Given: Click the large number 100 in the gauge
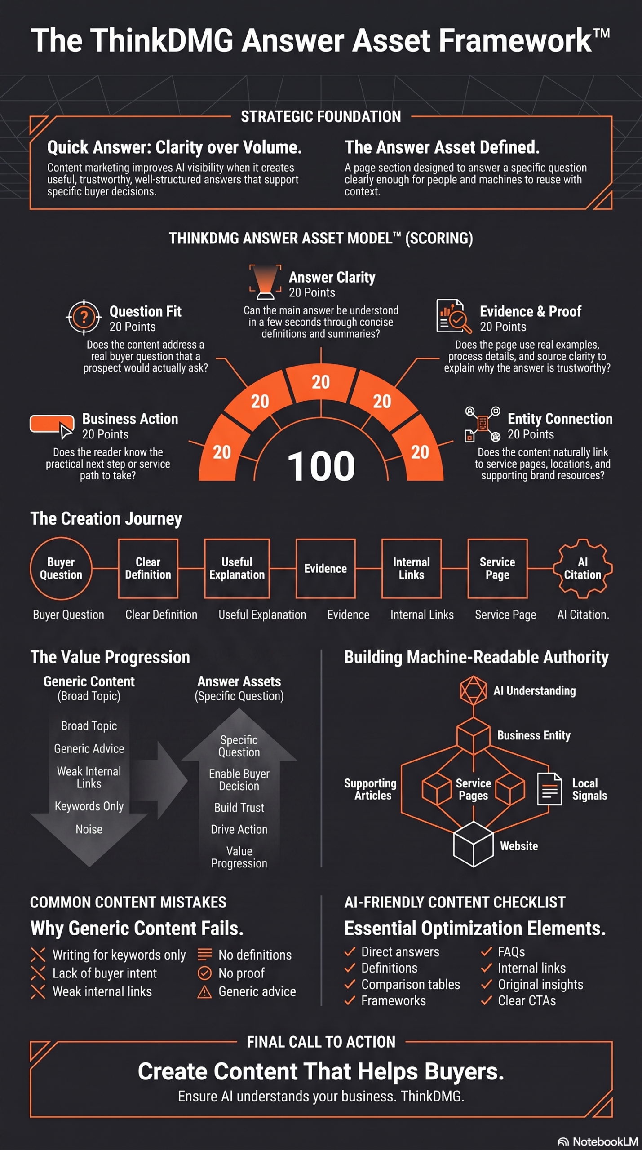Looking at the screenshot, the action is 321,466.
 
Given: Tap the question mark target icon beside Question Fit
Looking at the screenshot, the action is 84,317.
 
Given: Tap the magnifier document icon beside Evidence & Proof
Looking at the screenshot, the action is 454,316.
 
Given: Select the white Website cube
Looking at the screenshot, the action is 473,844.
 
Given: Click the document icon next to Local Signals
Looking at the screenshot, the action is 549,789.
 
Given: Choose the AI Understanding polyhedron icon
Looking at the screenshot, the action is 473,690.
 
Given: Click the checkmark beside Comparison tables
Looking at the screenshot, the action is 350,984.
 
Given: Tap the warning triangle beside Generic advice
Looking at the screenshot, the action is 204,991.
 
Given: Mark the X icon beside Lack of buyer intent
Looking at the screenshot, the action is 38,973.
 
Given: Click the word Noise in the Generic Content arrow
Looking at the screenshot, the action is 89,829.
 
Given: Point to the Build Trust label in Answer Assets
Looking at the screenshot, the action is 239,807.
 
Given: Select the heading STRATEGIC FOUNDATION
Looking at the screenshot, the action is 321,116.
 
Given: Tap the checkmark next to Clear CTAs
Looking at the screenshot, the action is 487,1000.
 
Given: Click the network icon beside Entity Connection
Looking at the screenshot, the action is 483,424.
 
